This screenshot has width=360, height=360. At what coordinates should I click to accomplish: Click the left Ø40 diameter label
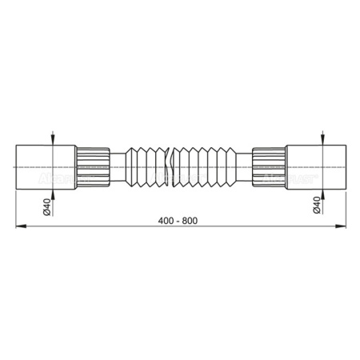click(x=46, y=206)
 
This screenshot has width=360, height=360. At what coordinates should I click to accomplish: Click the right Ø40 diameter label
click(x=316, y=206)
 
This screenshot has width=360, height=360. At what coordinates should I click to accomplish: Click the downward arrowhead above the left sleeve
click(x=52, y=142)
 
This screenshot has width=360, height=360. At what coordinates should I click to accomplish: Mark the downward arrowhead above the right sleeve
click(x=322, y=142)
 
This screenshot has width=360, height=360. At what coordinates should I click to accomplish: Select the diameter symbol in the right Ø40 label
click(x=316, y=212)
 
